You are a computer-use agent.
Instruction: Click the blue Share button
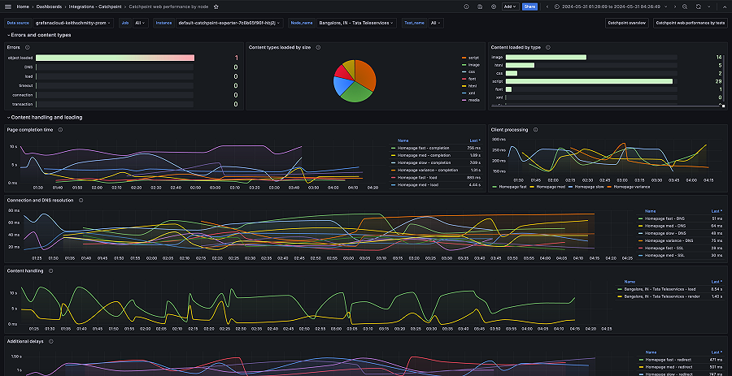[529, 6]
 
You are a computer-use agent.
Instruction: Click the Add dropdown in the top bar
[510, 6]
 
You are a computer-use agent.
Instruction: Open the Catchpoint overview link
[626, 23]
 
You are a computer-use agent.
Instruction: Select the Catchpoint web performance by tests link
[690, 23]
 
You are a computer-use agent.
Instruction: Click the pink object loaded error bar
[115, 58]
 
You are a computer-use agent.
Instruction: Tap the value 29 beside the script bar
[718, 81]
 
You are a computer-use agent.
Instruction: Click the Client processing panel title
[509, 129]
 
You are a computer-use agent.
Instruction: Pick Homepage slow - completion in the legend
[426, 162]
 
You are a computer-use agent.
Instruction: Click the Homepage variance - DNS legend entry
[669, 240]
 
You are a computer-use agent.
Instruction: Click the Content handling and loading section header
[46, 117]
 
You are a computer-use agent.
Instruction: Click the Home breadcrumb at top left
[23, 6]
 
